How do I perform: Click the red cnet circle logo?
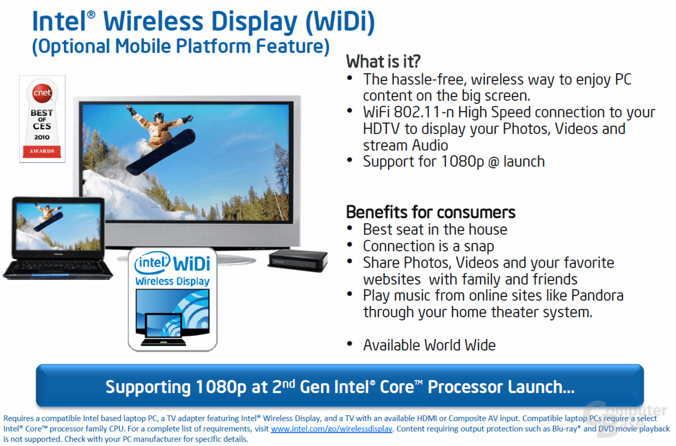pyautogui.click(x=42, y=92)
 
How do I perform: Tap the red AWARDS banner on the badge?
pyautogui.click(x=42, y=151)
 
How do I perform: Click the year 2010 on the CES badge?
pyautogui.click(x=42, y=137)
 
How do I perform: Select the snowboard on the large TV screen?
pyautogui.click(x=161, y=152)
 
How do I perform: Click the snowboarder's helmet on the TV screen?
pyautogui.click(x=159, y=116)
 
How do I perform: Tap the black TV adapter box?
pyautogui.click(x=298, y=260)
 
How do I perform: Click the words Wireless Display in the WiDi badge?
pyautogui.click(x=172, y=281)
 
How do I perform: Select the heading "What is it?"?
pyautogui.click(x=383, y=62)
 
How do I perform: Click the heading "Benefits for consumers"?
pyautogui.click(x=430, y=212)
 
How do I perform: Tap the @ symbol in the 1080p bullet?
pyautogui.click(x=494, y=162)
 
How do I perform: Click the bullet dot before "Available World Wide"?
pyautogui.click(x=350, y=344)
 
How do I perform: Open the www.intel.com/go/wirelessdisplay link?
pyautogui.click(x=331, y=429)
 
